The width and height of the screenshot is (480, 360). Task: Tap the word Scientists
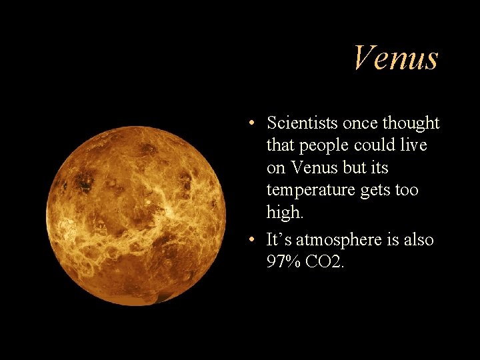[303, 123]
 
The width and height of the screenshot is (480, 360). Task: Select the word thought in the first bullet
[410, 123]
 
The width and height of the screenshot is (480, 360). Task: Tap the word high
[284, 212]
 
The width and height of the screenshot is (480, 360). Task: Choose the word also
[417, 240]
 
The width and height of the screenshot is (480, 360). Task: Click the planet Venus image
[136, 216]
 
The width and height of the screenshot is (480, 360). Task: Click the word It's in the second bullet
[279, 240]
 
